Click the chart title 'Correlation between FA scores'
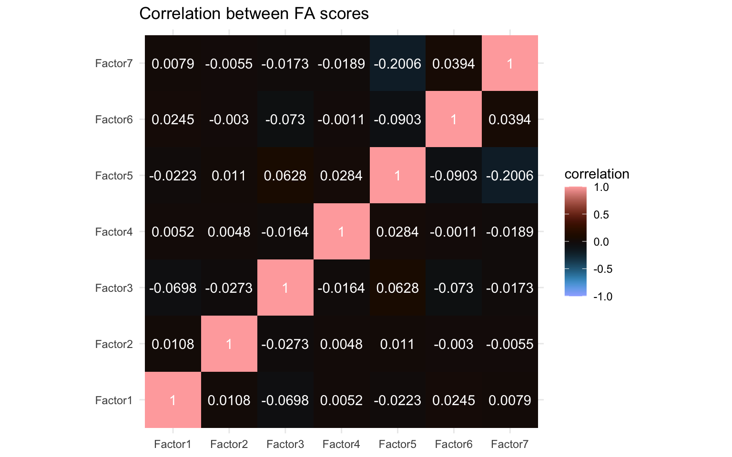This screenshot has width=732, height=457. [254, 14]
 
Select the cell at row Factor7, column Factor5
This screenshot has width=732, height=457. [397, 63]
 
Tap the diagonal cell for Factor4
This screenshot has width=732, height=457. [341, 232]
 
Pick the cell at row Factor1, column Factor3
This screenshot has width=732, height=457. [285, 400]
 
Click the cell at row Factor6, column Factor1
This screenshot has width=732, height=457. [173, 119]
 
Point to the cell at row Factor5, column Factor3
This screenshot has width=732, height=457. [285, 176]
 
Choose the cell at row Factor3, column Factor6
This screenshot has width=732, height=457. [454, 288]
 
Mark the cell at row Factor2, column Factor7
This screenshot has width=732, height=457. [510, 344]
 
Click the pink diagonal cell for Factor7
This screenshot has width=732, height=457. [510, 63]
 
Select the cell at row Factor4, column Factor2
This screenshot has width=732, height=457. [229, 232]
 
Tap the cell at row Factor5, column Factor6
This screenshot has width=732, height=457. [454, 176]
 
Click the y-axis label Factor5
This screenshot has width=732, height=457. [114, 176]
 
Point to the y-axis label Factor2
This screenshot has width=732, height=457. [114, 344]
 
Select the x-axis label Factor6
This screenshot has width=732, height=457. [454, 445]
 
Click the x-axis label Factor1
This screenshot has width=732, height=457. [173, 445]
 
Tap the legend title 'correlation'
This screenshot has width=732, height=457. [597, 174]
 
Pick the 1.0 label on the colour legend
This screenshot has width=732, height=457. [601, 188]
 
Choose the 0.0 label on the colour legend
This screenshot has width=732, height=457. [601, 242]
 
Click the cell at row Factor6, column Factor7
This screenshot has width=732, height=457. [510, 119]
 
